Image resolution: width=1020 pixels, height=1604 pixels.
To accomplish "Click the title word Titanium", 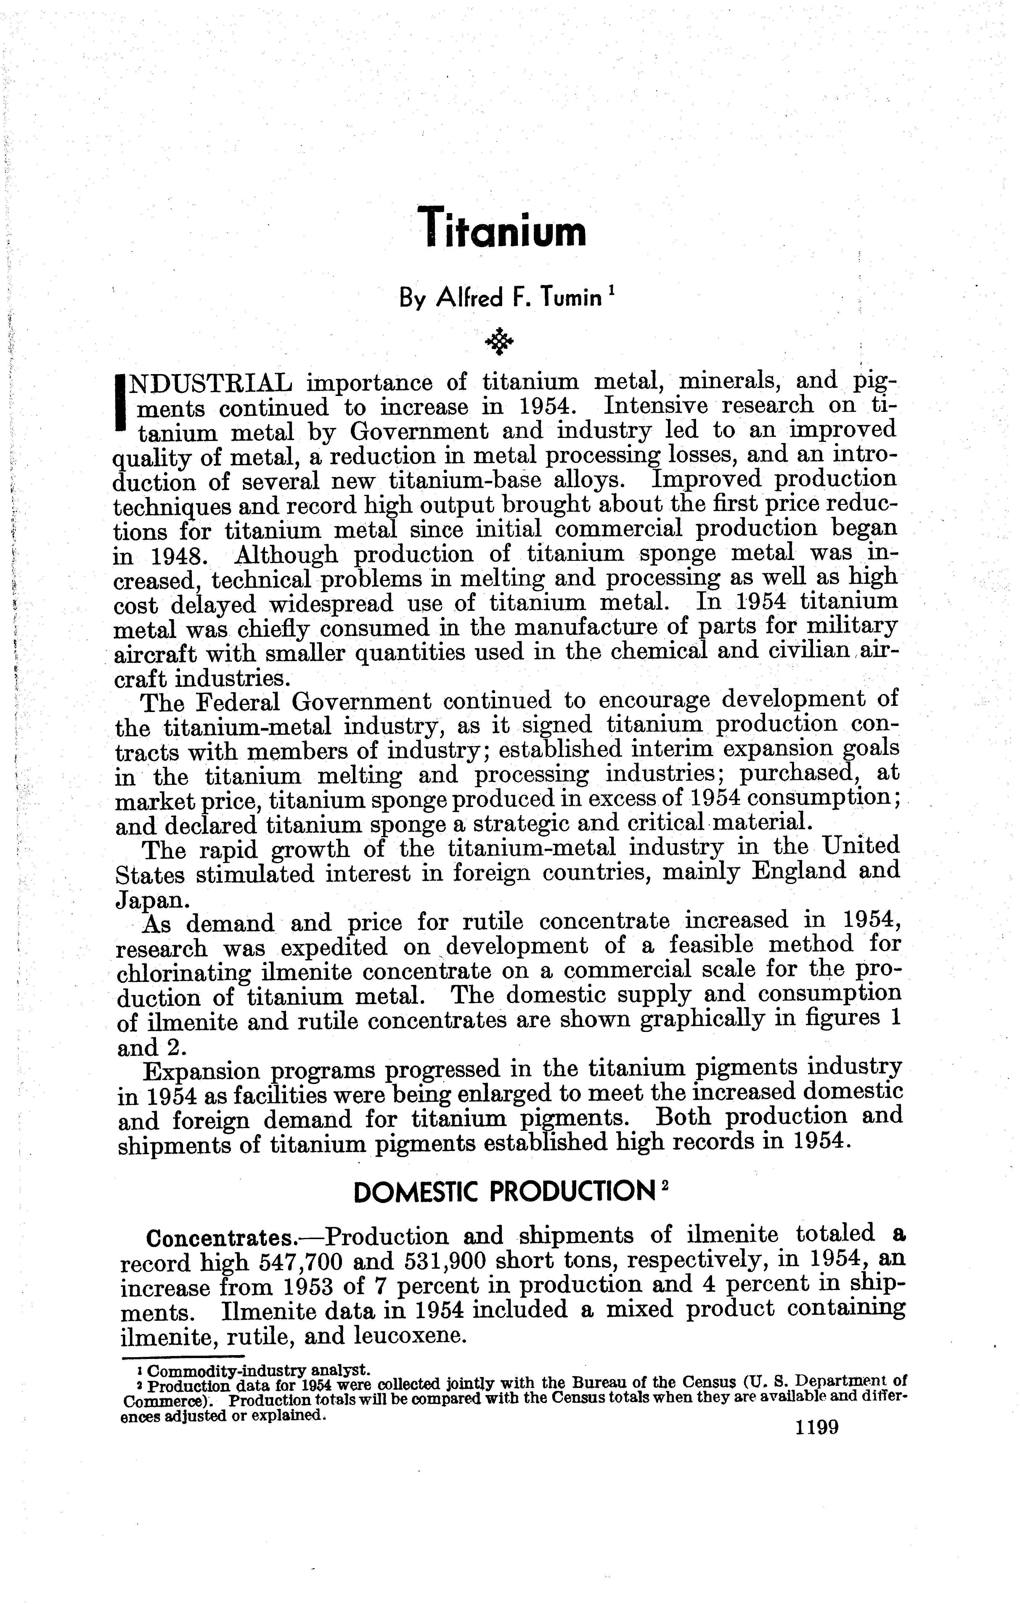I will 505,227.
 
